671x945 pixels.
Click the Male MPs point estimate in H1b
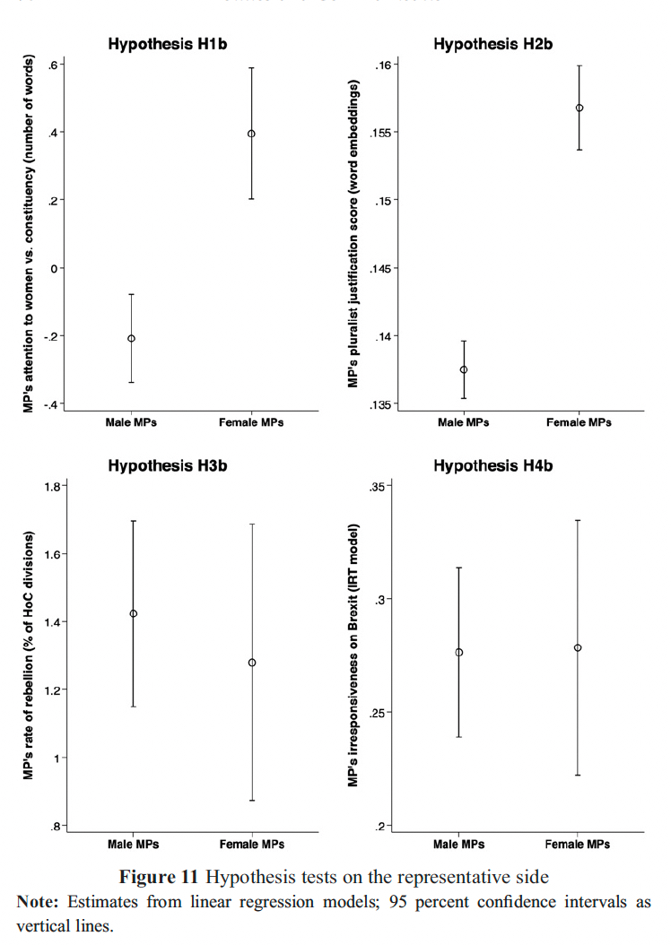[132, 338]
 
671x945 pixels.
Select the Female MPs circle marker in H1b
[251, 134]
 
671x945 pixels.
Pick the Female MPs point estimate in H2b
[579, 108]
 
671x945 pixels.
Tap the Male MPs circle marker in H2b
[464, 369]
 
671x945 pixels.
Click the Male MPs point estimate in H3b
[134, 613]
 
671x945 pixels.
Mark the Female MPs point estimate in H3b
[252, 663]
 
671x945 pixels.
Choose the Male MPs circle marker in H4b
[459, 652]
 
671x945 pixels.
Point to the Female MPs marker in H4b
[578, 647]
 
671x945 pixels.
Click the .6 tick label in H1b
[54, 65]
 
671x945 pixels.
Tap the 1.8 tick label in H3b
[51, 486]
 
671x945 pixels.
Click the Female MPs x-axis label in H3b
[252, 845]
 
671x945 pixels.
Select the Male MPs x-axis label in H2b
[464, 422]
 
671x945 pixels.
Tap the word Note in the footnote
[34, 902]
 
